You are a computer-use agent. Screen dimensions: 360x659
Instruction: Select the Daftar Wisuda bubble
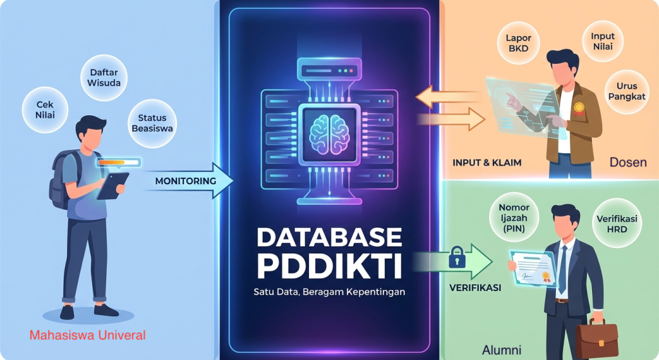pyautogui.click(x=104, y=78)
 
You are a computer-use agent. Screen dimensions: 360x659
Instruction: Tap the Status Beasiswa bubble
pyautogui.click(x=152, y=123)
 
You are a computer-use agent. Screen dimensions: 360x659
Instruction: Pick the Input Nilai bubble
pyautogui.click(x=602, y=41)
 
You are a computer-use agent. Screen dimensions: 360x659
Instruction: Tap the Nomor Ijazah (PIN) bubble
pyautogui.click(x=514, y=218)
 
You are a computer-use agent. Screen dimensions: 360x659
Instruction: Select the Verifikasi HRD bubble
pyautogui.click(x=621, y=223)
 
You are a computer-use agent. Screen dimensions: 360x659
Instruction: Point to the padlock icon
pyautogui.click(x=457, y=259)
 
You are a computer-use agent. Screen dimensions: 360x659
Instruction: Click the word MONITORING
pyautogui.click(x=185, y=181)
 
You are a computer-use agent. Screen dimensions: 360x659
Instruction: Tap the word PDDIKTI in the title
pyautogui.click(x=328, y=265)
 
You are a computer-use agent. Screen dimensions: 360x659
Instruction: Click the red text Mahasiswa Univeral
pyautogui.click(x=88, y=335)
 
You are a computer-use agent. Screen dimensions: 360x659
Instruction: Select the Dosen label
pyautogui.click(x=627, y=162)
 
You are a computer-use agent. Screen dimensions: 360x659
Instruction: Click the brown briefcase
pyautogui.click(x=596, y=339)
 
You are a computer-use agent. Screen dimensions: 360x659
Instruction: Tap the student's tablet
pyautogui.click(x=113, y=185)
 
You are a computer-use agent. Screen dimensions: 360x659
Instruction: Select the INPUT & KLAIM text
pyautogui.click(x=487, y=163)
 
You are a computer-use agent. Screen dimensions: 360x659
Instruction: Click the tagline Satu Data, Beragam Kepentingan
pyautogui.click(x=328, y=292)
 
